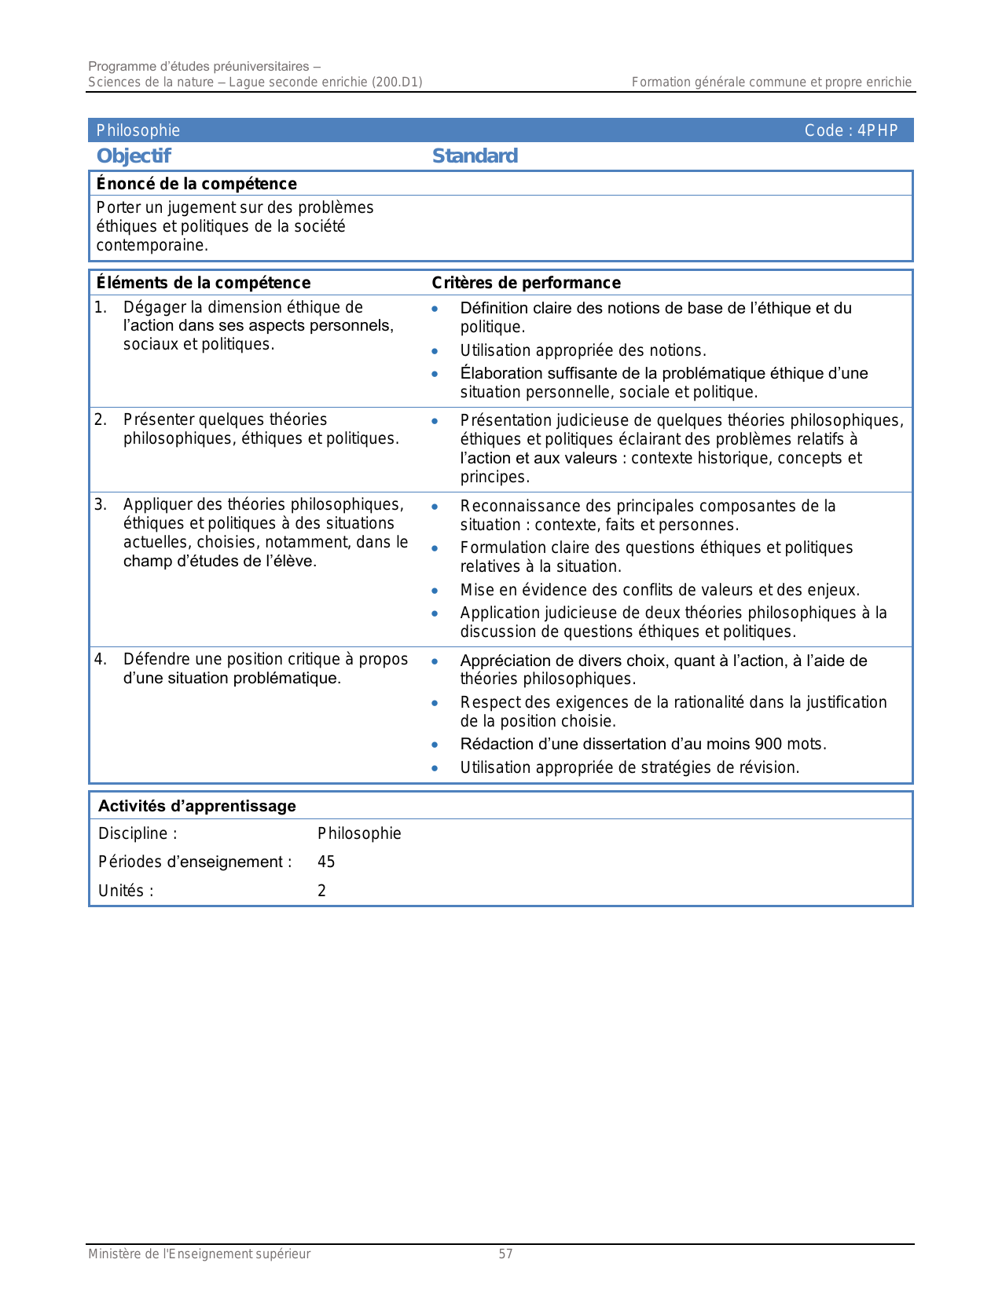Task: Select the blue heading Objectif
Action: coord(134,156)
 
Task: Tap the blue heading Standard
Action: coord(475,156)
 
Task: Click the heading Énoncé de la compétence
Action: coord(196,184)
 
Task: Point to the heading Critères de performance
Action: coord(526,283)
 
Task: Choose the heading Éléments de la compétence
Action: coord(204,283)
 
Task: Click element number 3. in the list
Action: coord(101,504)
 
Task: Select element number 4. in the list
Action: coord(101,659)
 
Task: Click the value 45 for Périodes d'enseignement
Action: coord(326,862)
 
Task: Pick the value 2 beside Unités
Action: coord(321,891)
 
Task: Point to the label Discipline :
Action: coord(138,833)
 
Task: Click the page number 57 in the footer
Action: coord(505,1254)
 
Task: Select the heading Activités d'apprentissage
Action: coord(197,806)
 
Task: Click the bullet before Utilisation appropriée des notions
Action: coord(435,351)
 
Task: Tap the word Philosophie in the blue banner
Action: coord(138,130)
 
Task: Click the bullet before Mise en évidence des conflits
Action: coord(435,591)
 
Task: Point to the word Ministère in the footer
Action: coord(115,1254)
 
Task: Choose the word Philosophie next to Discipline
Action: coord(359,833)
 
